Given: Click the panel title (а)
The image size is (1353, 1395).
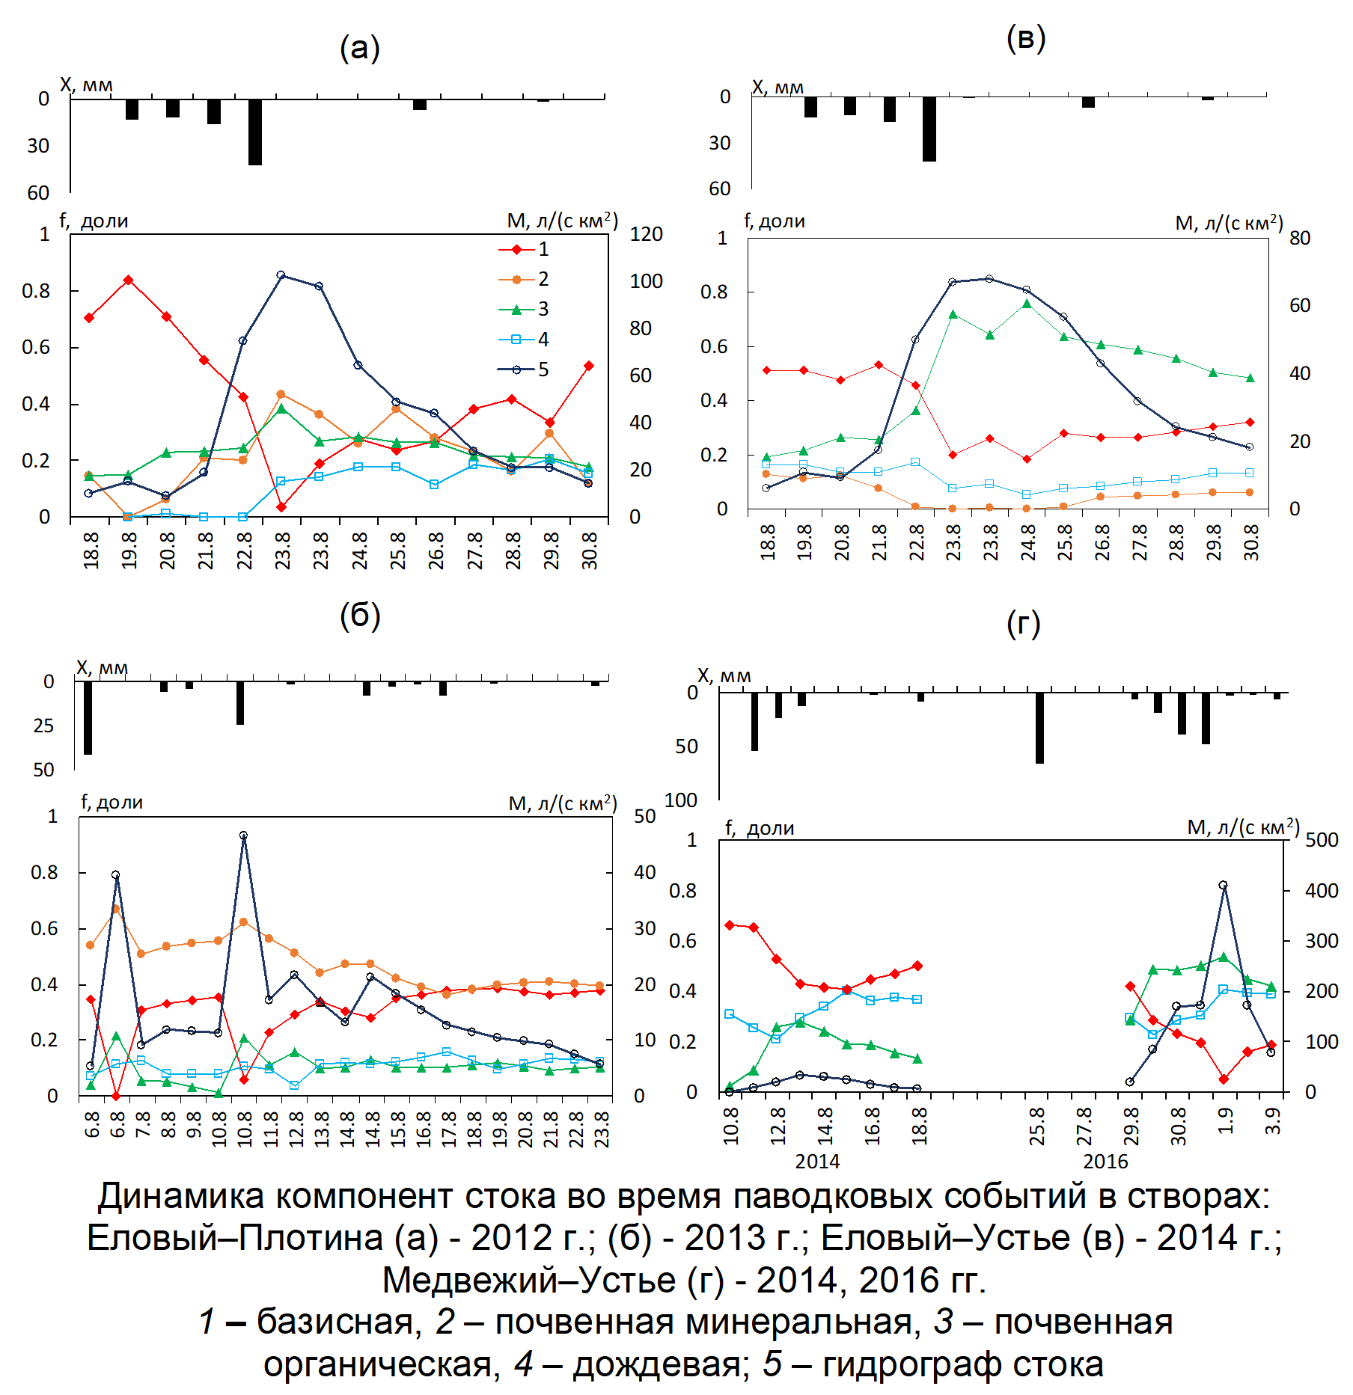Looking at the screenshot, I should click(360, 49).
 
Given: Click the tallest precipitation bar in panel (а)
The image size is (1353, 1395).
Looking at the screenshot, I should click(255, 132).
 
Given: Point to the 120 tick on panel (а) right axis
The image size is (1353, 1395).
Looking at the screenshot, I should click(646, 234).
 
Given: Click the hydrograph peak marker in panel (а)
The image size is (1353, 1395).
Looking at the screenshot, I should click(281, 275).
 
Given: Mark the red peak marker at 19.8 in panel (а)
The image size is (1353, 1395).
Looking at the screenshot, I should click(128, 280).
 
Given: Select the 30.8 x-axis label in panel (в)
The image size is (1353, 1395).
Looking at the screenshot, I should click(1251, 542).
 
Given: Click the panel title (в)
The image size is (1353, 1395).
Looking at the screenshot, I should click(1025, 39).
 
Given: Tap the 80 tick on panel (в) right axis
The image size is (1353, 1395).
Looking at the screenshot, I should click(1300, 238).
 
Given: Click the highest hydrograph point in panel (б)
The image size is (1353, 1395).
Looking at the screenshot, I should click(243, 836).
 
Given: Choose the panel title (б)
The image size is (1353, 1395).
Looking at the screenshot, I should click(360, 616).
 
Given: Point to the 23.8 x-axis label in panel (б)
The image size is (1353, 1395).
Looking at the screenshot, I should click(602, 1129).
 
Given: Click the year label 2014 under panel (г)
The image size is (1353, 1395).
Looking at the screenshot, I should click(817, 1162).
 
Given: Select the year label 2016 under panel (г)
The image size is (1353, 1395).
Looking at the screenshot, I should click(1105, 1162).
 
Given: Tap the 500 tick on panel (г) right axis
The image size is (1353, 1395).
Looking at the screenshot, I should click(1322, 840).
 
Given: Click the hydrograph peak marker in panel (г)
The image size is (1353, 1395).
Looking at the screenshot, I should click(1224, 885).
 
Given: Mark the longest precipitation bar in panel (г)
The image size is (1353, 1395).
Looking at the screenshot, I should click(1039, 728).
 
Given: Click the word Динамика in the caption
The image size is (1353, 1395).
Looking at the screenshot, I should click(181, 1196).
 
